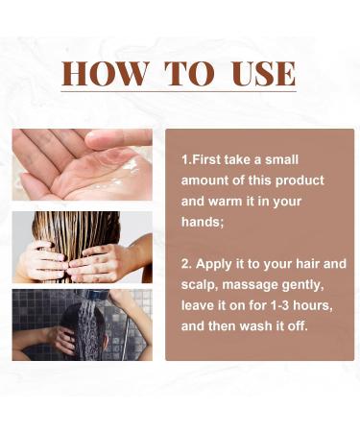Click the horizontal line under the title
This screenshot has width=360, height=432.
(180, 93)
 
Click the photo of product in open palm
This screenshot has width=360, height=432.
(82, 164)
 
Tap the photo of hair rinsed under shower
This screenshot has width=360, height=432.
(82, 325)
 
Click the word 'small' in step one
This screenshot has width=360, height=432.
(302, 158)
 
